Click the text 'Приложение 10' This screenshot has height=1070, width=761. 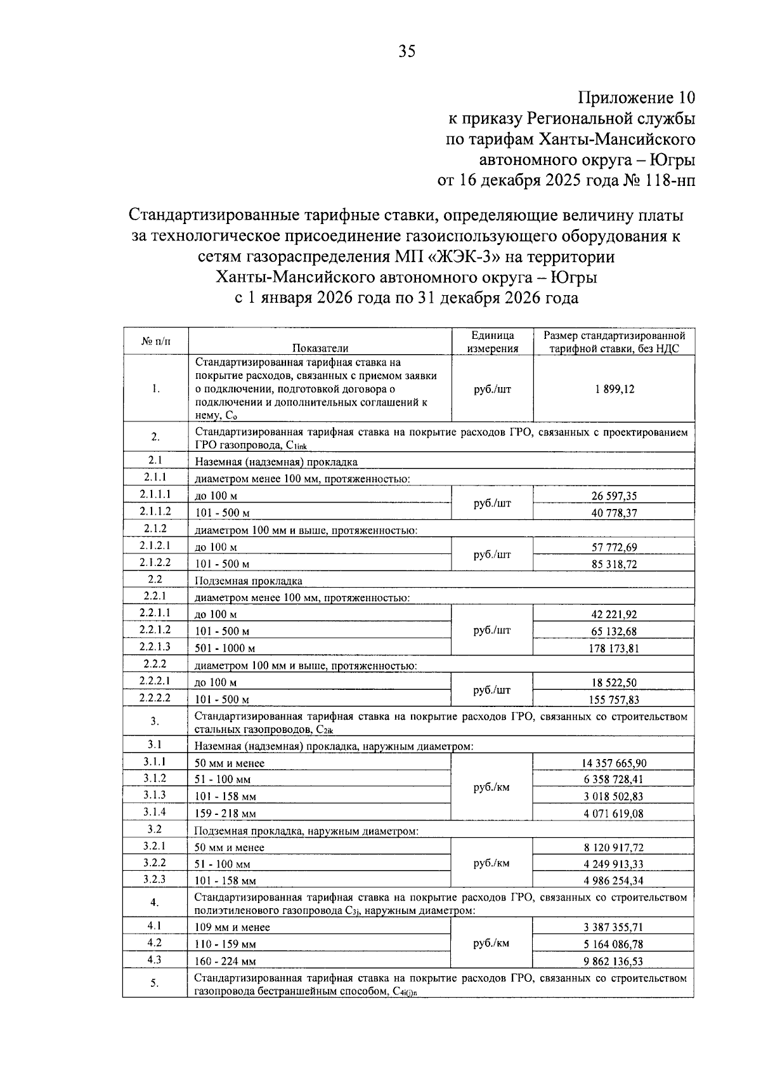637,98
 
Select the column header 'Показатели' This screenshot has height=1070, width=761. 320,348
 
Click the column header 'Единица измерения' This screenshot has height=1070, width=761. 493,341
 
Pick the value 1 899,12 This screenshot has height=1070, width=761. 614,390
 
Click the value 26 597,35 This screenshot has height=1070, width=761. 614,496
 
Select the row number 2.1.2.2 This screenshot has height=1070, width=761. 155,562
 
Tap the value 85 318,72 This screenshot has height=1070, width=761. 614,564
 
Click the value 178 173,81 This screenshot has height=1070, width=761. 614,649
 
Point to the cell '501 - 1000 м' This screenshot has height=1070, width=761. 225,649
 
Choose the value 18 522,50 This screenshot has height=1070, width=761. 614,683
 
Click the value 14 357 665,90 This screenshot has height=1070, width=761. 614,763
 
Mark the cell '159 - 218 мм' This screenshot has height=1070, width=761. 226,814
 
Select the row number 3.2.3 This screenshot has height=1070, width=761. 155,880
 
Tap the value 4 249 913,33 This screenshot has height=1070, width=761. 614,864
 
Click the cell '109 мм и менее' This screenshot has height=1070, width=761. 232,928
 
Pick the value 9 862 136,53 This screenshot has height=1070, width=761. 614,961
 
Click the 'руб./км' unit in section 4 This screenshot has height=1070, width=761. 491,944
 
